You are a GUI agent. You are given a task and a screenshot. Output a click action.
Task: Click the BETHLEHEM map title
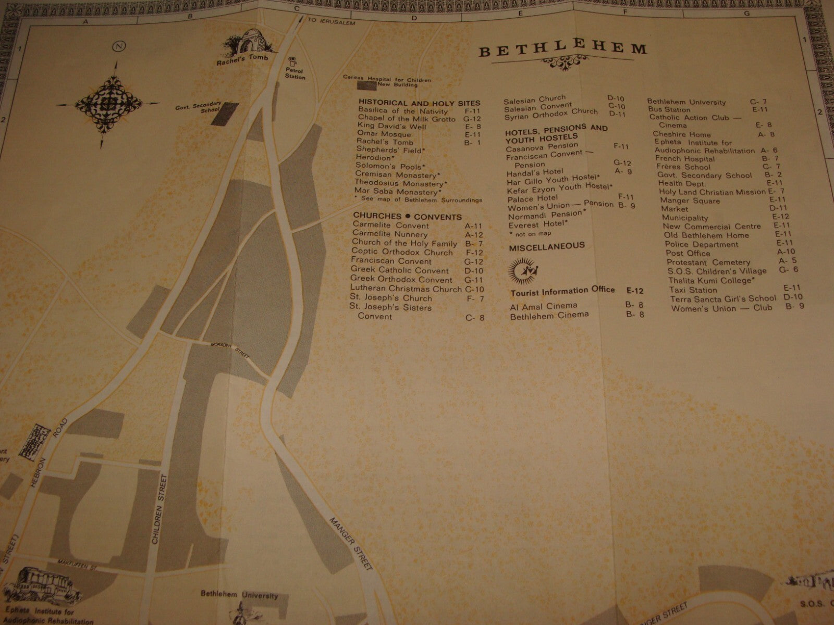click(x=563, y=51)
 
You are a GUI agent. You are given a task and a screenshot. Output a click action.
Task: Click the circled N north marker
click(x=120, y=46)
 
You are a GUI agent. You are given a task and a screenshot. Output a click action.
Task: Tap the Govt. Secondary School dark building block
click(x=225, y=114)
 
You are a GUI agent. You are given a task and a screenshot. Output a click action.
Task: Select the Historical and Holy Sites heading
click(x=419, y=103)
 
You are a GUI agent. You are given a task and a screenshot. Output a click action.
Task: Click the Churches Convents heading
click(x=407, y=216)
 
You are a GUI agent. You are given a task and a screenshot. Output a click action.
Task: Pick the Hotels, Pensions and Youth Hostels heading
click(x=556, y=133)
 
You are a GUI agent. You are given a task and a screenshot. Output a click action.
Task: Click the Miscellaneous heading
click(x=547, y=246)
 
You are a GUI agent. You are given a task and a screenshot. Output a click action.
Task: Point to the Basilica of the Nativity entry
click(x=402, y=111)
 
